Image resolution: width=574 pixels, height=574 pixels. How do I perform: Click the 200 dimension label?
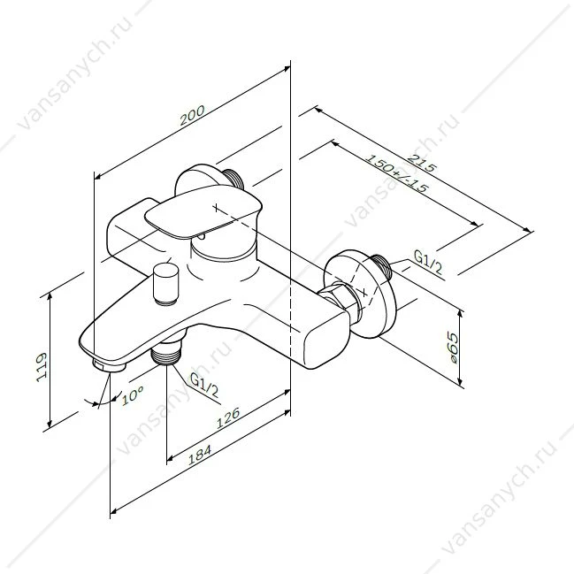(x=193, y=115)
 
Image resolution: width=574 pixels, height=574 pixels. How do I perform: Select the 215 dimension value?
(x=422, y=164)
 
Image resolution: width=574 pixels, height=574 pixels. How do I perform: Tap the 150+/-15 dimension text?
(x=397, y=174)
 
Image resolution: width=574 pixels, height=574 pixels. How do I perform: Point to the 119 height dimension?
(x=42, y=368)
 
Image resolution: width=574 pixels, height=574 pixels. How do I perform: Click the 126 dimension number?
(x=228, y=417)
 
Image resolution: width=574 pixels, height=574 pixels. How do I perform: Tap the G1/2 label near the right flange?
(x=428, y=262)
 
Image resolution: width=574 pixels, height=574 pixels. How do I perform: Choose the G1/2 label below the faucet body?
(x=204, y=386)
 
